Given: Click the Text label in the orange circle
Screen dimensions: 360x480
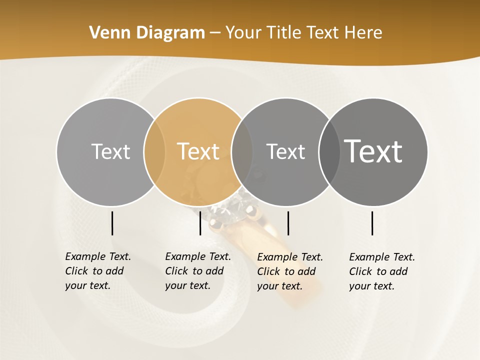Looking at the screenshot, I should tap(198, 151).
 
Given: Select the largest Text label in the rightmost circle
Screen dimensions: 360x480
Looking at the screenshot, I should tap(373, 151).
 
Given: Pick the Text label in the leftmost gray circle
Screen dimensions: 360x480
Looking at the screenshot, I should tap(110, 151).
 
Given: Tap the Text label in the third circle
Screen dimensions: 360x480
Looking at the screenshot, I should tap(285, 151).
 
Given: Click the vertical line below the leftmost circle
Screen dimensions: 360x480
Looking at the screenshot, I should tap(112, 223).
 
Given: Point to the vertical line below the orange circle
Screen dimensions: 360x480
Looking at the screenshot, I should tap(200, 223).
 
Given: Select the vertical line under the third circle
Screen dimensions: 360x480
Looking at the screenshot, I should tap(288, 223).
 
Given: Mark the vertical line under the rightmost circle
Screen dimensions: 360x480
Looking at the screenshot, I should tap(372, 223).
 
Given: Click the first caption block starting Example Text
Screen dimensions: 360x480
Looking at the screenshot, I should tap(97, 271).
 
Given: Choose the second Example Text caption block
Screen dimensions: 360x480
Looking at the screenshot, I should tap(197, 271).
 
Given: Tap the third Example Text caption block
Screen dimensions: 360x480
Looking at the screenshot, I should tap(289, 271).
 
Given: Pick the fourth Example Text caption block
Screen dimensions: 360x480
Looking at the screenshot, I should tap(381, 271).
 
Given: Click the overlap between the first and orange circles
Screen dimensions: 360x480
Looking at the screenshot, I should tap(154, 151).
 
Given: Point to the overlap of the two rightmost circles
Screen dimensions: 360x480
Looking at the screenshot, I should tap(329, 151).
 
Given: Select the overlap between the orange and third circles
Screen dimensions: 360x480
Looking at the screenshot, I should tap(242, 151).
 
